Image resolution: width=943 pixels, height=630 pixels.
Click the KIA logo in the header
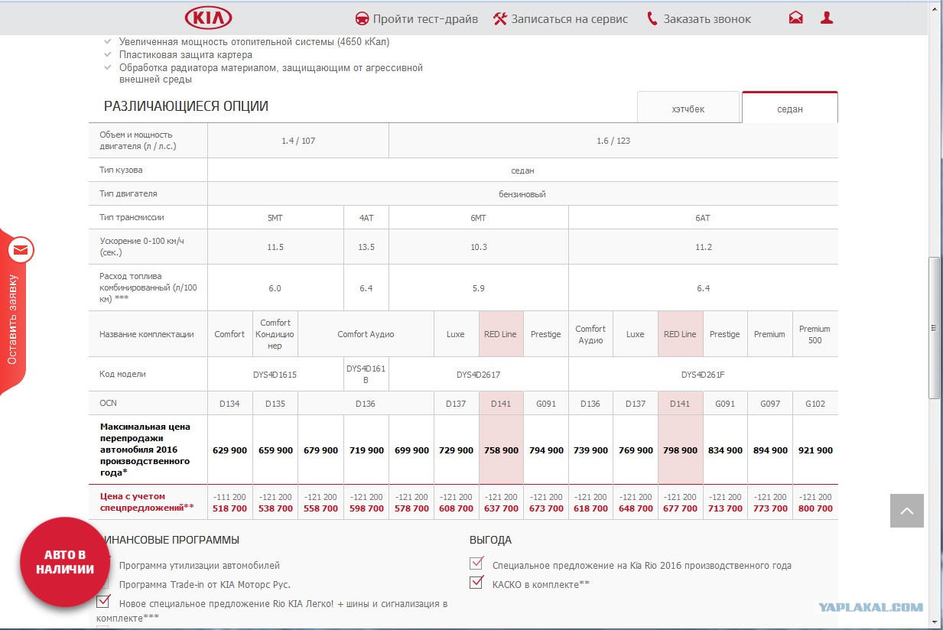(x=208, y=18)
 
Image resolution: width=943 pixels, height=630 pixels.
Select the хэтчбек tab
(x=688, y=109)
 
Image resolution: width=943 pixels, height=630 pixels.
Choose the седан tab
(x=790, y=109)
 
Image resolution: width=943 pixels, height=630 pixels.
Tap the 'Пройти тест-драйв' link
(x=416, y=19)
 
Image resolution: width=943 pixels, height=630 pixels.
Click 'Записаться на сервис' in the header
(x=561, y=19)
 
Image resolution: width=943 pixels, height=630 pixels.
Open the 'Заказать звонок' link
(x=699, y=19)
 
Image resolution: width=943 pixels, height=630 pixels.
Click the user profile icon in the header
(x=827, y=18)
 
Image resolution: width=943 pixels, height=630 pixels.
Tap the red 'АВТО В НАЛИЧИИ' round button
(x=65, y=562)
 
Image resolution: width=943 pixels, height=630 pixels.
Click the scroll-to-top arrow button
(x=907, y=511)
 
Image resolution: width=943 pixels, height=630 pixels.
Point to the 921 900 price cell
(x=815, y=450)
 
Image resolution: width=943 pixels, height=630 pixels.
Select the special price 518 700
(x=229, y=508)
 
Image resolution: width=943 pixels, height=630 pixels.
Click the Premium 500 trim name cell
(x=815, y=334)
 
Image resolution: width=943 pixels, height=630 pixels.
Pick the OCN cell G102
(x=815, y=403)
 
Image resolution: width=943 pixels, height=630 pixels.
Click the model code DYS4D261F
(x=703, y=374)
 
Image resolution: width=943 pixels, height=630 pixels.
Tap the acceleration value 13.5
(x=366, y=247)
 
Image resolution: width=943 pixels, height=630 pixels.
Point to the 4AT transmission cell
(x=366, y=218)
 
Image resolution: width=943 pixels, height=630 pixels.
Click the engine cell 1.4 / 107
(x=298, y=141)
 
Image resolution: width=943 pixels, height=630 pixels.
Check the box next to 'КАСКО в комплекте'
(x=476, y=582)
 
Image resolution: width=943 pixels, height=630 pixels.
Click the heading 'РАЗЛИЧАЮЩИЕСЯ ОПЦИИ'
(x=186, y=106)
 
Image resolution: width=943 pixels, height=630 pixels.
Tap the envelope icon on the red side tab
(x=21, y=250)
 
